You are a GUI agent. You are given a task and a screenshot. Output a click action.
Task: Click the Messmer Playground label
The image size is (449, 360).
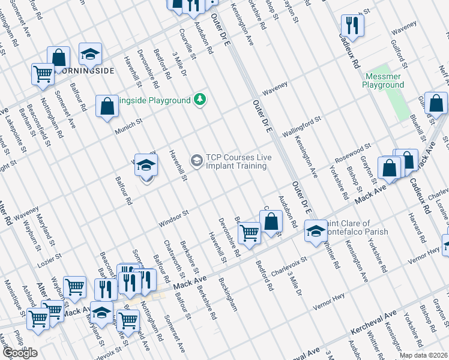[383, 80]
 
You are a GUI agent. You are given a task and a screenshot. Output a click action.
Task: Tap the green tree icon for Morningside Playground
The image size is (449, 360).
[200, 100]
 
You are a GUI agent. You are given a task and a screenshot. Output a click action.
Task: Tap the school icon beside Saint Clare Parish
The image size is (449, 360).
[316, 230]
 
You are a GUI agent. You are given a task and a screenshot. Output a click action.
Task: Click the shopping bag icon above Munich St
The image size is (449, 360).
[107, 106]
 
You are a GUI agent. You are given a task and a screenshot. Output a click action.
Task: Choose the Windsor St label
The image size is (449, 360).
[173, 218]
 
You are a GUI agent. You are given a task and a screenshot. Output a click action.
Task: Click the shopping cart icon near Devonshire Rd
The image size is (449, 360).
[249, 232]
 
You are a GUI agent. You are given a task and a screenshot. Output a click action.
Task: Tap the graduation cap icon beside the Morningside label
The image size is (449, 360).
[90, 55]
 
